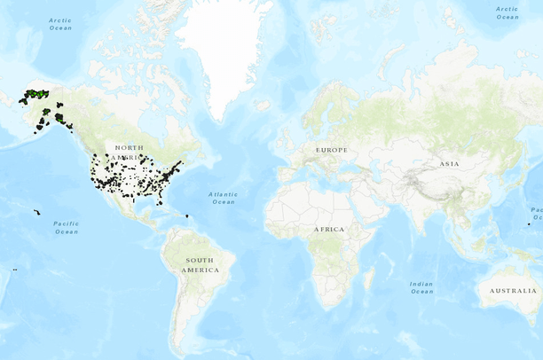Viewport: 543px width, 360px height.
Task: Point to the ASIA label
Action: (x=448, y=164)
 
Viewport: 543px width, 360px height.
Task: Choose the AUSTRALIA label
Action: (x=509, y=290)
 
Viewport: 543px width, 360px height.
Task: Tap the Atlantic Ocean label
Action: (x=224, y=197)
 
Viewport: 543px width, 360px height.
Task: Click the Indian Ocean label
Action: (x=421, y=287)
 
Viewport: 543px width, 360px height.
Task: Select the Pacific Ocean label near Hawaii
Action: (x=66, y=227)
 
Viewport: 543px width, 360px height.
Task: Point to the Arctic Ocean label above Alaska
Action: (x=60, y=23)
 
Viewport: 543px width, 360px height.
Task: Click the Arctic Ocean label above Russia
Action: (x=507, y=12)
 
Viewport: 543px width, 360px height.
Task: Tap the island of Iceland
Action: (x=262, y=104)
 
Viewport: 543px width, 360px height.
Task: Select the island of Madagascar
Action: (x=368, y=279)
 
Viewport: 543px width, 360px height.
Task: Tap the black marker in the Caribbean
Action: (x=188, y=215)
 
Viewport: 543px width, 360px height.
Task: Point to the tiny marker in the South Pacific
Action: (x=15, y=269)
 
